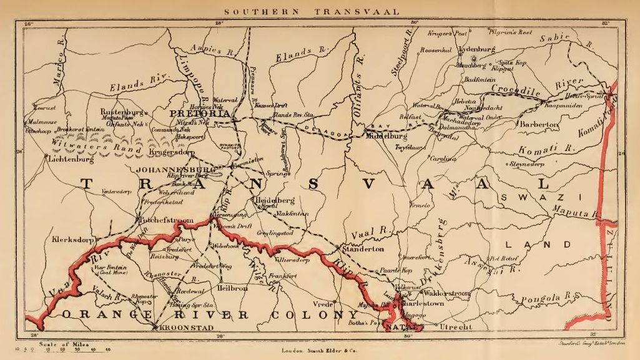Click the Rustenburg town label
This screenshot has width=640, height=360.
click(122, 112)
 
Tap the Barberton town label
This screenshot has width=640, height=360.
click(539, 125)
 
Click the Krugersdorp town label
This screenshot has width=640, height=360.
click(188, 152)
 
